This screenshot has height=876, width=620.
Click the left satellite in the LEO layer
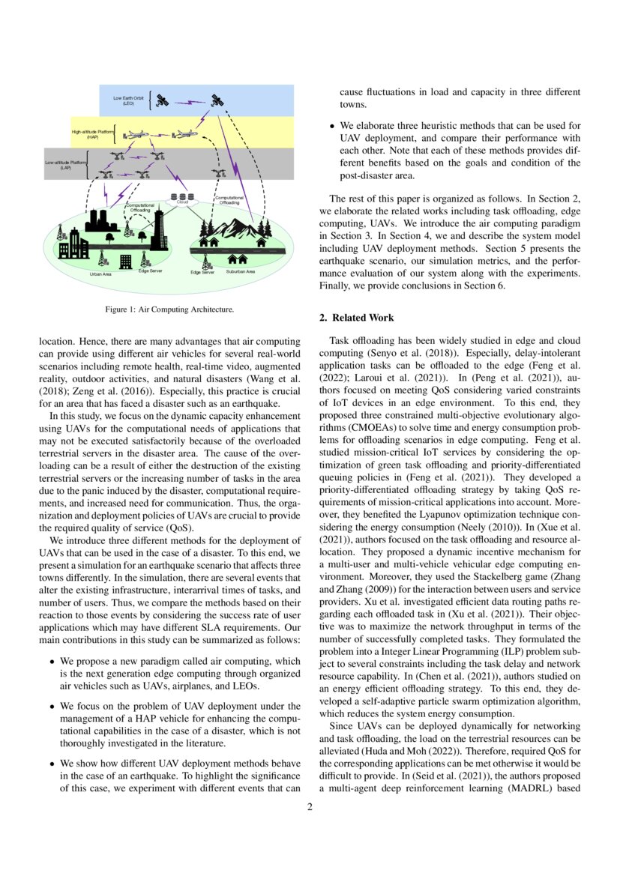pos(162,100)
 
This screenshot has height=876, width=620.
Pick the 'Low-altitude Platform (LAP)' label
pos(66,165)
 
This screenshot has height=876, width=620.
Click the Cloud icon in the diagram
pos(181,199)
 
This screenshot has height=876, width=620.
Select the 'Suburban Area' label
pos(240,271)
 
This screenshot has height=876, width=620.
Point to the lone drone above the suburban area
pos(218,174)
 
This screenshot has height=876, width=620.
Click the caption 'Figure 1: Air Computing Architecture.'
pos(169,309)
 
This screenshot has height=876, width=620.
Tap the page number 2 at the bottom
pos(310,807)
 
